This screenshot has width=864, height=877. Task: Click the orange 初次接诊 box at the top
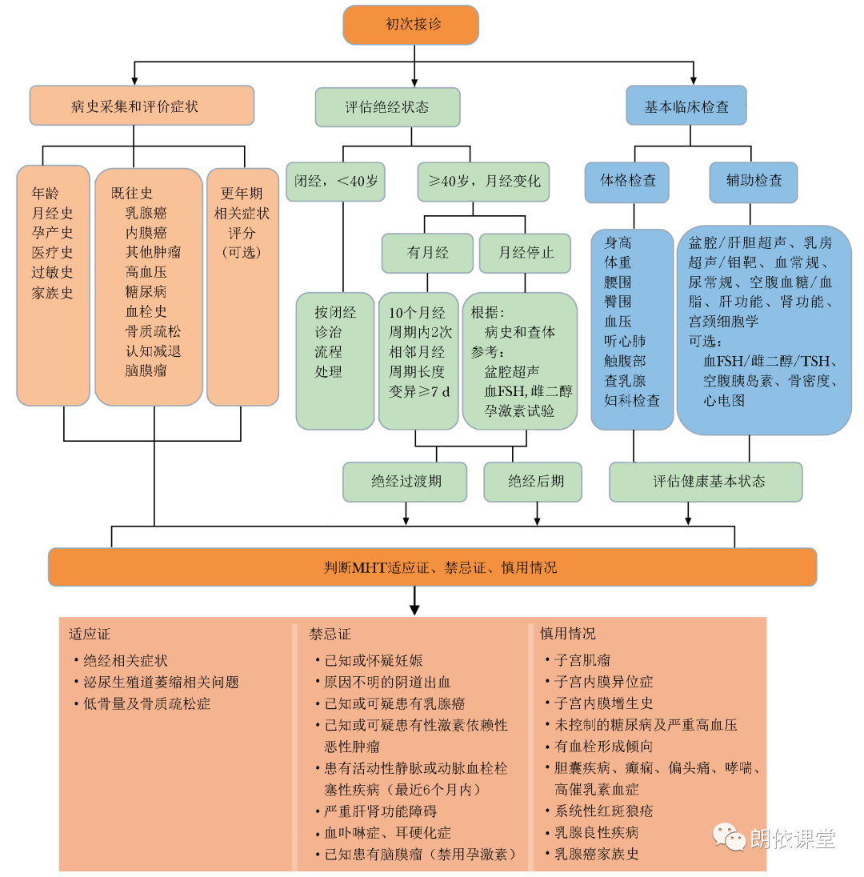coord(411,25)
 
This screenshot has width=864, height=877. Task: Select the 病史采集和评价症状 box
coord(142,106)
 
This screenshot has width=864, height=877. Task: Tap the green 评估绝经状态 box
coord(387,106)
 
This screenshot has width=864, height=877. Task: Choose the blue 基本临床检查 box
coord(686,106)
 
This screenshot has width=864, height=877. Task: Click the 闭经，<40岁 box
coord(335,181)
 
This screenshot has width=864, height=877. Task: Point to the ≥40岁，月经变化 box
coord(479,181)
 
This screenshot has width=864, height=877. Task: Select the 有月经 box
coord(427,253)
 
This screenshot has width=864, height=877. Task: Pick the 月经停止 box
coord(526,253)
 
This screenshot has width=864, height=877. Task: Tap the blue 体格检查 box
coord(628,180)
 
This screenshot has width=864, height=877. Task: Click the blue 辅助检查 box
coord(753,180)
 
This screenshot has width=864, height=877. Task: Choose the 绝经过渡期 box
coord(406,481)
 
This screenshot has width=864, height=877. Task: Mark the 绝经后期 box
coord(534,481)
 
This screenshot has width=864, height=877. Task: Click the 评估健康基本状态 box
coord(706,481)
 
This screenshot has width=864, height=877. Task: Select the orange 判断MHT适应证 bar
coord(432,567)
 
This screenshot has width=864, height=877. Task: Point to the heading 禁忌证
coord(330,634)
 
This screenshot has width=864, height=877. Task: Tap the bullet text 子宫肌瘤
coord(582,660)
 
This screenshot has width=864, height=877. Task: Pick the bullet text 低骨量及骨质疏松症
coord(147,704)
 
